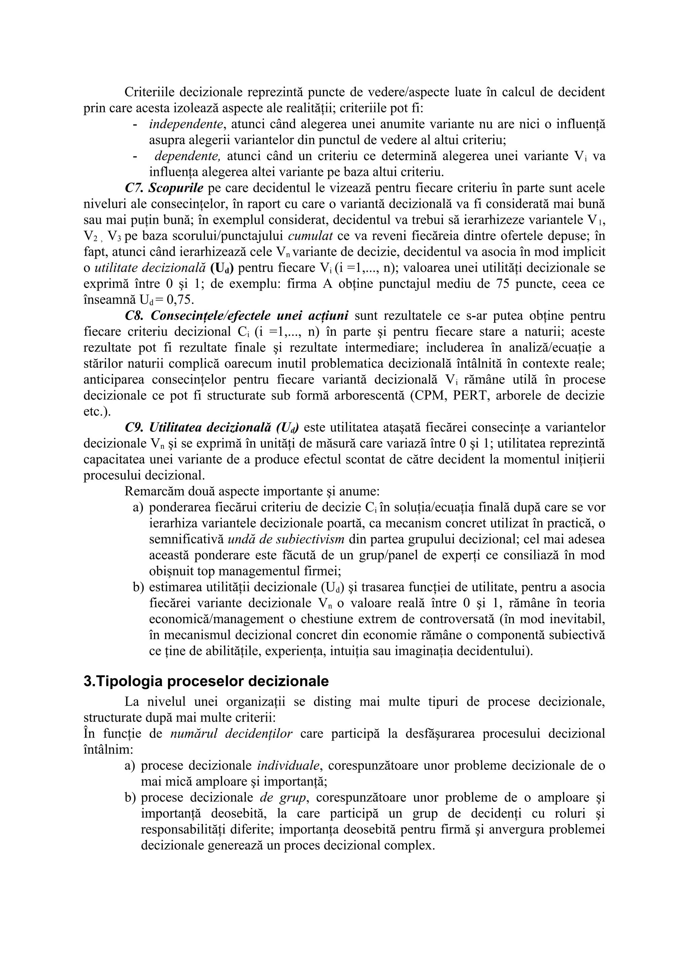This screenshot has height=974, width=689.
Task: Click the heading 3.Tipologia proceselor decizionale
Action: (206, 681)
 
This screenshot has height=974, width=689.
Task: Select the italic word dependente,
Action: (187, 156)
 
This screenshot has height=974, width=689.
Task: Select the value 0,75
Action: (180, 300)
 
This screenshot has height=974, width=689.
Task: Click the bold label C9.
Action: (135, 427)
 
